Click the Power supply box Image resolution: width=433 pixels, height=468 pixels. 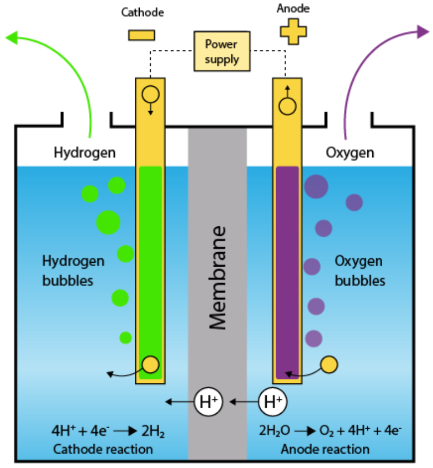point(222,51)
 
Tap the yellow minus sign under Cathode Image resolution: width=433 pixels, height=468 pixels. point(142,35)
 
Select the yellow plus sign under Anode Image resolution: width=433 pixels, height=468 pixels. point(293,32)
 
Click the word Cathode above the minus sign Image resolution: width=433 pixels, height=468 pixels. point(142,12)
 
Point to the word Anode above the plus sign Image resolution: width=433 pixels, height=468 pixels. point(293,9)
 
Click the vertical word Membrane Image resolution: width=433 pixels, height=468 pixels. point(217,277)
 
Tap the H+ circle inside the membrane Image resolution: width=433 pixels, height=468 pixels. point(209,402)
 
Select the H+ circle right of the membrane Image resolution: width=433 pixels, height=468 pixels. point(272,402)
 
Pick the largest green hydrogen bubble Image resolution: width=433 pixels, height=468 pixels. point(108,222)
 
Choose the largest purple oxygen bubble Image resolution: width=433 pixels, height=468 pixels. point(316,186)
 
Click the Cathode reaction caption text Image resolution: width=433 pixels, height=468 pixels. point(103,449)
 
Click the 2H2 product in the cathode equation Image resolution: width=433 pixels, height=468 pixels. point(154,431)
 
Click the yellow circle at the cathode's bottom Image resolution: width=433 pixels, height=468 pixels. point(151,365)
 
